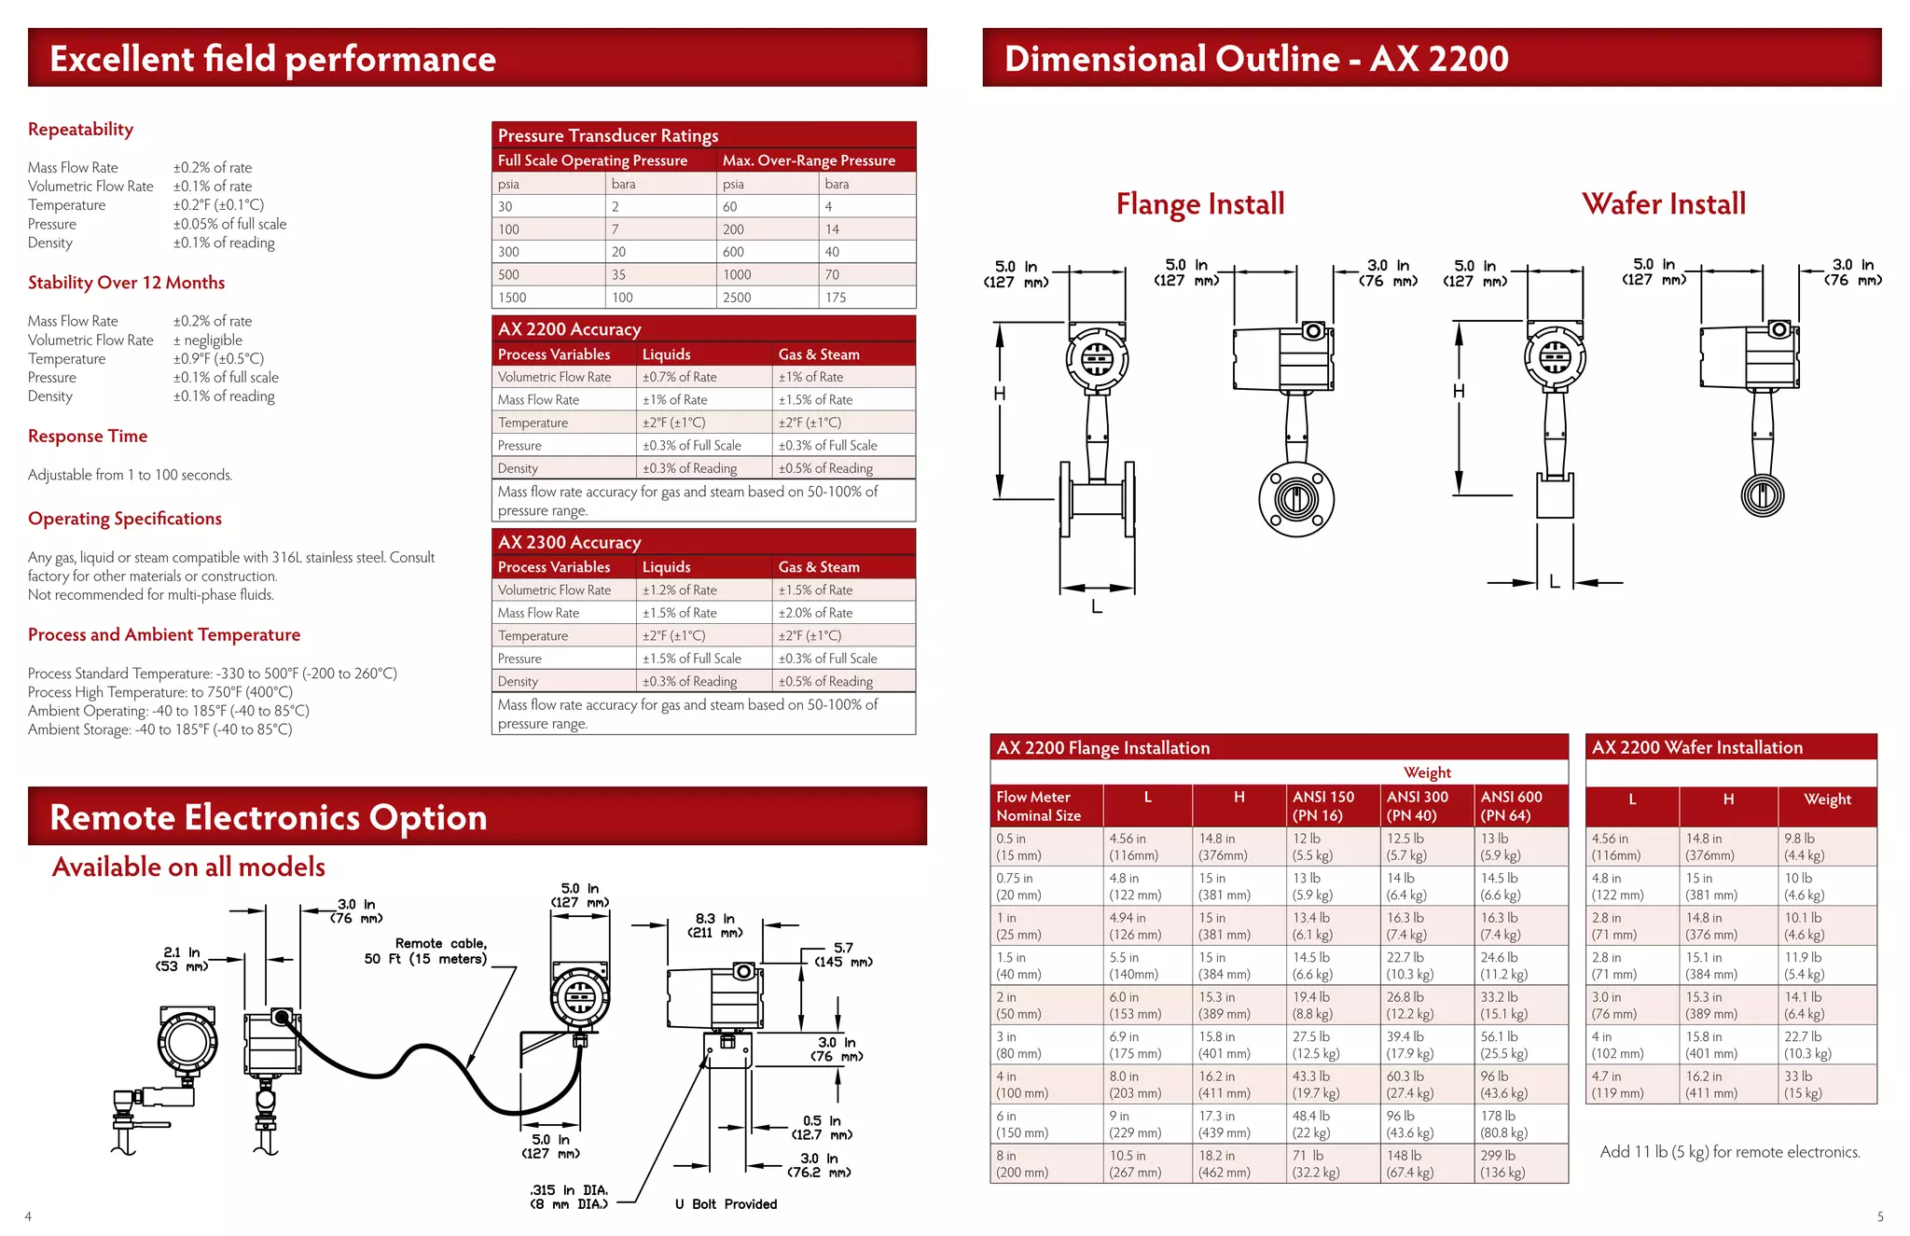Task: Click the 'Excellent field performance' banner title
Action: point(272,59)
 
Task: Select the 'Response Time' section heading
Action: point(88,436)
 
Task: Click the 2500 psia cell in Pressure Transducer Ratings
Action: point(737,298)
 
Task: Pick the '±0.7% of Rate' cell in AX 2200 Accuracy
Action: point(679,377)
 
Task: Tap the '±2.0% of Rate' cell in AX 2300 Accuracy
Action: point(815,613)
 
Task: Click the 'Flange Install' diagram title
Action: point(1200,203)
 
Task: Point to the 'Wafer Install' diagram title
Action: point(1664,203)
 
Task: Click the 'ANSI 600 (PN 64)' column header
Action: point(1511,806)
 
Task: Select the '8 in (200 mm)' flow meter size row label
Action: point(1022,1163)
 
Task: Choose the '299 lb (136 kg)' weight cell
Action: point(1502,1163)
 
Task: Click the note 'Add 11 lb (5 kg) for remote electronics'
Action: point(1730,1152)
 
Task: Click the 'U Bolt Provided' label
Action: point(726,1204)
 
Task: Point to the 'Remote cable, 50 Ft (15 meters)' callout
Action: point(426,951)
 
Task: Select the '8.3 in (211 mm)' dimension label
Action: point(715,925)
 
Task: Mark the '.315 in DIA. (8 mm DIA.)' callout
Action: point(569,1197)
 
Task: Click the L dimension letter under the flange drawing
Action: point(1097,606)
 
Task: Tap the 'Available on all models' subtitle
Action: point(188,867)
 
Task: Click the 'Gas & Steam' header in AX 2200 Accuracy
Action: point(819,354)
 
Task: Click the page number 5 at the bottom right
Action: point(1880,1216)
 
